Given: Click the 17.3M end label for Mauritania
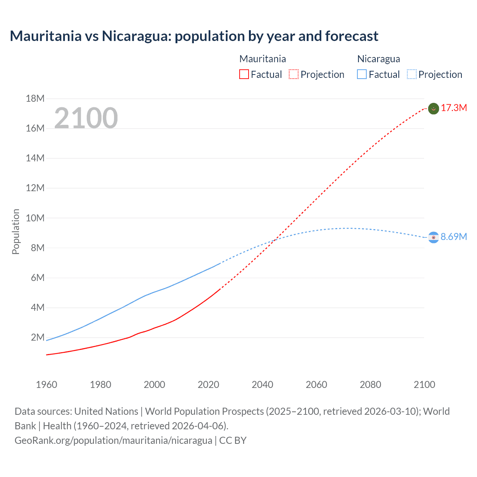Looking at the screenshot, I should tap(454, 108).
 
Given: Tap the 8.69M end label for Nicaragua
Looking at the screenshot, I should tap(454, 237).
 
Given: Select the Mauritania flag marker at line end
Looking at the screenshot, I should tap(433, 108).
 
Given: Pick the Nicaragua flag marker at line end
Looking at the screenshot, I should tap(433, 237).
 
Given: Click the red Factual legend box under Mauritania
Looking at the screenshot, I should tap(244, 75).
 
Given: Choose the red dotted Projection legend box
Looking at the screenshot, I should tap(294, 75).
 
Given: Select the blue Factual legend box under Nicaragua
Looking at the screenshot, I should tap(361, 75).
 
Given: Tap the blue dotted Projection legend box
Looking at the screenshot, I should tap(411, 75).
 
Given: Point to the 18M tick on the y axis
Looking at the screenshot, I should tap(35, 99).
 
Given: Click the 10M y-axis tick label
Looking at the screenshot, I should tap(35, 218).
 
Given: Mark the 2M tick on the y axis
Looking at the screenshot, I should tap(38, 338).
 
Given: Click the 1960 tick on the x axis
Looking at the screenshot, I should tap(47, 385).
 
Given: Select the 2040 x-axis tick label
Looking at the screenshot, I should tap(262, 385).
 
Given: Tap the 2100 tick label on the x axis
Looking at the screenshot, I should tap(424, 385).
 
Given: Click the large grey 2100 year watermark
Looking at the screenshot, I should tap(86, 118).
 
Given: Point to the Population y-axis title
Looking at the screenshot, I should tap(16, 231).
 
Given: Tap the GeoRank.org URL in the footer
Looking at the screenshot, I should tap(113, 440).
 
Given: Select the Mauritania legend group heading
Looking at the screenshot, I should tap(262, 59).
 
